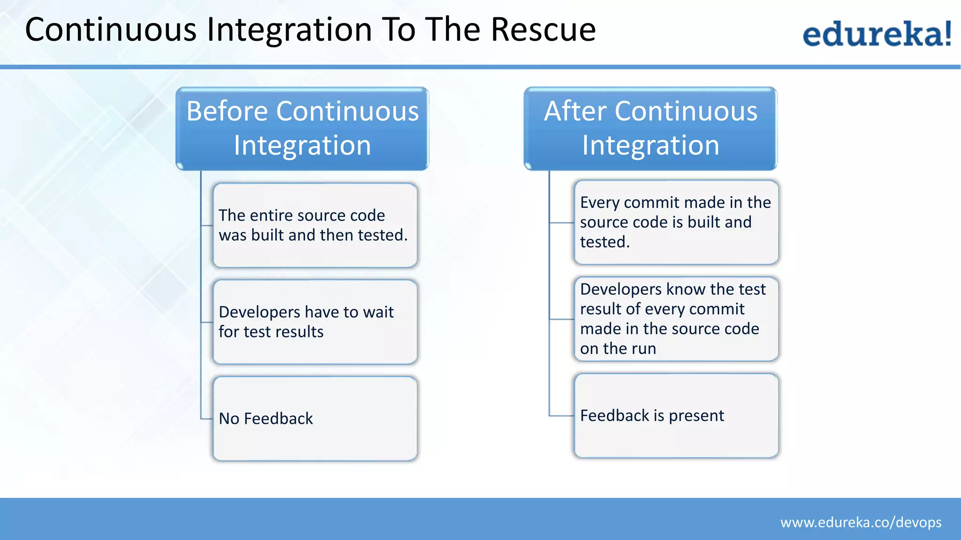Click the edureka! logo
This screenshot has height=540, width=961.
(x=877, y=34)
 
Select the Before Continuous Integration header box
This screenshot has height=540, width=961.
(x=302, y=128)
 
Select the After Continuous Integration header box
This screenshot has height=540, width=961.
(x=650, y=128)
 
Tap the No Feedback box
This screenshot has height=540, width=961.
(x=315, y=419)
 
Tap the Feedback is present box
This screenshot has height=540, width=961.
(x=676, y=416)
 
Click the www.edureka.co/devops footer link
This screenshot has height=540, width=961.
(x=861, y=522)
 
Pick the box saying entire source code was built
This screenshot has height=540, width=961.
(x=315, y=225)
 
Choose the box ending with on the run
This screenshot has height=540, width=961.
(x=676, y=319)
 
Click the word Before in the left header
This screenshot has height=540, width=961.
(x=227, y=112)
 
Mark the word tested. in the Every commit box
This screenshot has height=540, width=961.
(x=605, y=242)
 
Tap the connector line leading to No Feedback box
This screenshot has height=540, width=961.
(x=206, y=419)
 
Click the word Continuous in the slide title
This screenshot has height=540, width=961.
(x=110, y=30)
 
